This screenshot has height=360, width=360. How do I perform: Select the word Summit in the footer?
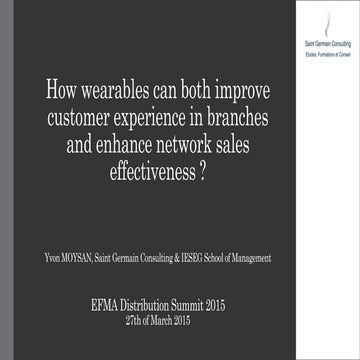click(x=207, y=304)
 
